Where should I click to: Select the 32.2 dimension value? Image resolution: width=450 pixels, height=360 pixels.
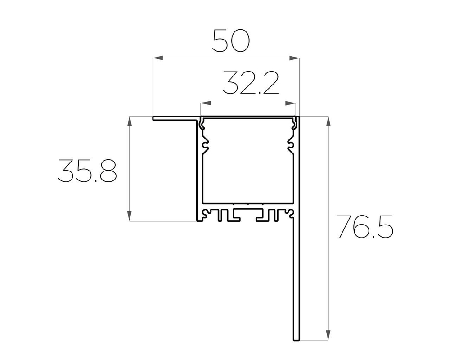coord(250,83)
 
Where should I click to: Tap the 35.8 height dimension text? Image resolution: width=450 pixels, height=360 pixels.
coord(87,171)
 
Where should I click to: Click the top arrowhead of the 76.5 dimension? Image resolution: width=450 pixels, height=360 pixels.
coord(328,121)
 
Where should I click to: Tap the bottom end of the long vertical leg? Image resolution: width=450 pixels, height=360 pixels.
coord(296,339)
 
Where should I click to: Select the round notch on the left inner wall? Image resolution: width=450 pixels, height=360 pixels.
coord(206,146)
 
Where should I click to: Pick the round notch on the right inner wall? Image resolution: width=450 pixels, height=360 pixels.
coord(290,146)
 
